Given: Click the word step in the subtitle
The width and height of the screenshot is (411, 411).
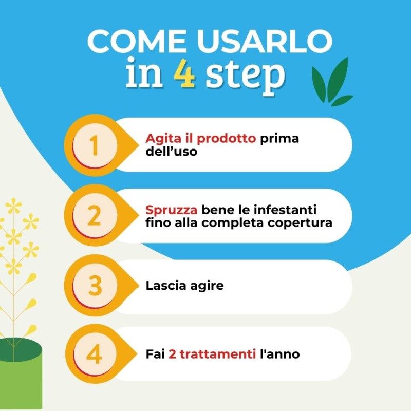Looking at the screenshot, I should tap(245, 76).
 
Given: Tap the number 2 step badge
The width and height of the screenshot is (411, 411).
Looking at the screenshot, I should tap(94, 216).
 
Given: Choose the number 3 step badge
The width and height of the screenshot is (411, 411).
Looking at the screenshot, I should tap(95, 286).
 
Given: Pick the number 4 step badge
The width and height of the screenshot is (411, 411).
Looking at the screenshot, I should tap(94, 354).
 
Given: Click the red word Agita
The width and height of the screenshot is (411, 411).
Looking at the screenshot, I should tap(161, 139).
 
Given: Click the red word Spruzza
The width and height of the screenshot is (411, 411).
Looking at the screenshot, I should tap(172, 211).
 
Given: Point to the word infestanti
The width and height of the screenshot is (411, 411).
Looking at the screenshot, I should tap(287, 210).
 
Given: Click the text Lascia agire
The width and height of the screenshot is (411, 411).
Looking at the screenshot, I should tap(184, 285).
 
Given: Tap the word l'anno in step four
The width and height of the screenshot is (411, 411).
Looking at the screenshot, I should tap(280, 354).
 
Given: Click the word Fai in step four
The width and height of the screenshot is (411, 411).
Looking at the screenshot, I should tap(155, 354).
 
